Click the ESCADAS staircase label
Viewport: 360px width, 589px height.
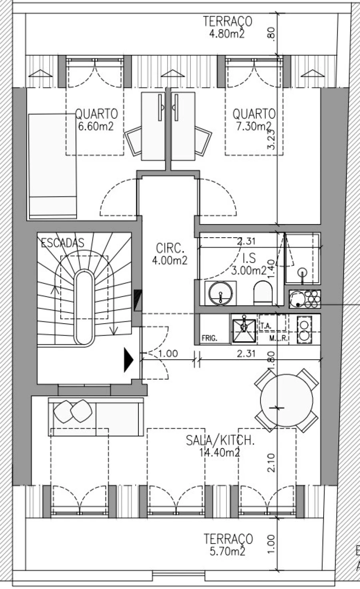(x=63, y=243)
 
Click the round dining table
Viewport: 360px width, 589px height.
(x=286, y=400)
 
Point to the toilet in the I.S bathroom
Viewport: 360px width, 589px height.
(x=263, y=292)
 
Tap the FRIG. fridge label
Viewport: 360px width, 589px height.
(x=210, y=339)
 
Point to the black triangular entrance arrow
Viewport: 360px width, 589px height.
(x=128, y=360)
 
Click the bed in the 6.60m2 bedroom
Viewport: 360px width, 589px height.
(x=52, y=166)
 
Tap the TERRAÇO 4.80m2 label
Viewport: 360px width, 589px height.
(x=227, y=27)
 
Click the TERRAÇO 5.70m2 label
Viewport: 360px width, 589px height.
(x=228, y=545)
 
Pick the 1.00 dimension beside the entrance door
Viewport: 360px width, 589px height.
(x=168, y=354)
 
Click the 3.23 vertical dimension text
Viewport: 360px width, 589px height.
(x=272, y=139)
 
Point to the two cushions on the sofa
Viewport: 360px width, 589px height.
(x=73, y=411)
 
